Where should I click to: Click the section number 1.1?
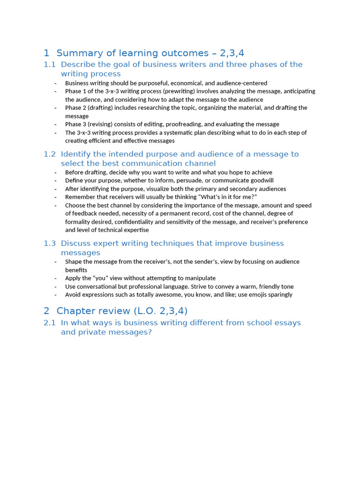tap(49, 65)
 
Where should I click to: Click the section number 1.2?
tap(49, 154)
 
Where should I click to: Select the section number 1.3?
tap(49, 243)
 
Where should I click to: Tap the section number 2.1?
tap(49, 323)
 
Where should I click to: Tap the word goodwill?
tap(260, 180)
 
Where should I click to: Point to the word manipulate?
tap(198, 278)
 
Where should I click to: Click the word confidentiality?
tap(119, 222)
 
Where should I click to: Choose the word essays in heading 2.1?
tap(283, 323)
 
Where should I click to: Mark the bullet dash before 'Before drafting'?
tap(55, 172)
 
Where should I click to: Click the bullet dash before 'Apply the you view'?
tap(55, 278)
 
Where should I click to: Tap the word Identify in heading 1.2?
tap(76, 154)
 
